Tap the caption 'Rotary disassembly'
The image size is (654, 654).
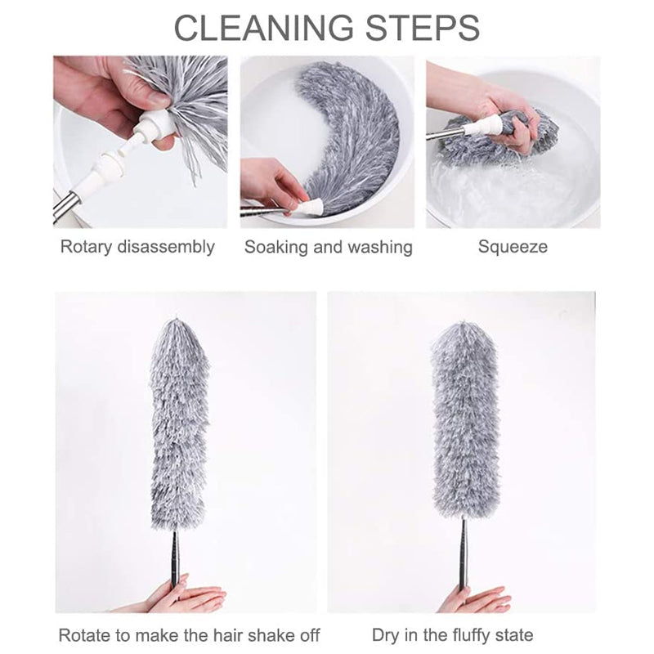pyautogui.click(x=137, y=247)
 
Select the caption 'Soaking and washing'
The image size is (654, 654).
pyautogui.click(x=328, y=247)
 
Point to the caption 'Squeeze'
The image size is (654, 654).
pyautogui.click(x=513, y=247)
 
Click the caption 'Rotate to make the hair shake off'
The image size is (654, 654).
pyautogui.click(x=189, y=634)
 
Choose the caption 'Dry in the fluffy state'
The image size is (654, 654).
pyautogui.click(x=452, y=634)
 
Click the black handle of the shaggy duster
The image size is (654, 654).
pyautogui.click(x=174, y=556)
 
